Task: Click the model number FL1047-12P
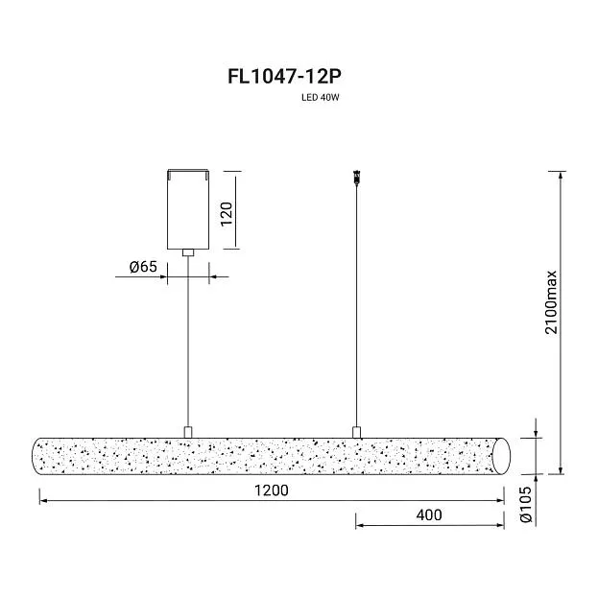coord(284,77)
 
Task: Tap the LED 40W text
coord(320,97)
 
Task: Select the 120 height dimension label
coord(227,214)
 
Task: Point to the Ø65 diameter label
coord(143,267)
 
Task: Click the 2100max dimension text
coord(551,302)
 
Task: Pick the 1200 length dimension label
coord(271,490)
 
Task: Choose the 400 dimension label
coord(429,514)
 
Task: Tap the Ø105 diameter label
coord(526,504)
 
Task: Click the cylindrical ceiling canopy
coord(188,209)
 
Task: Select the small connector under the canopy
coord(188,252)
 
